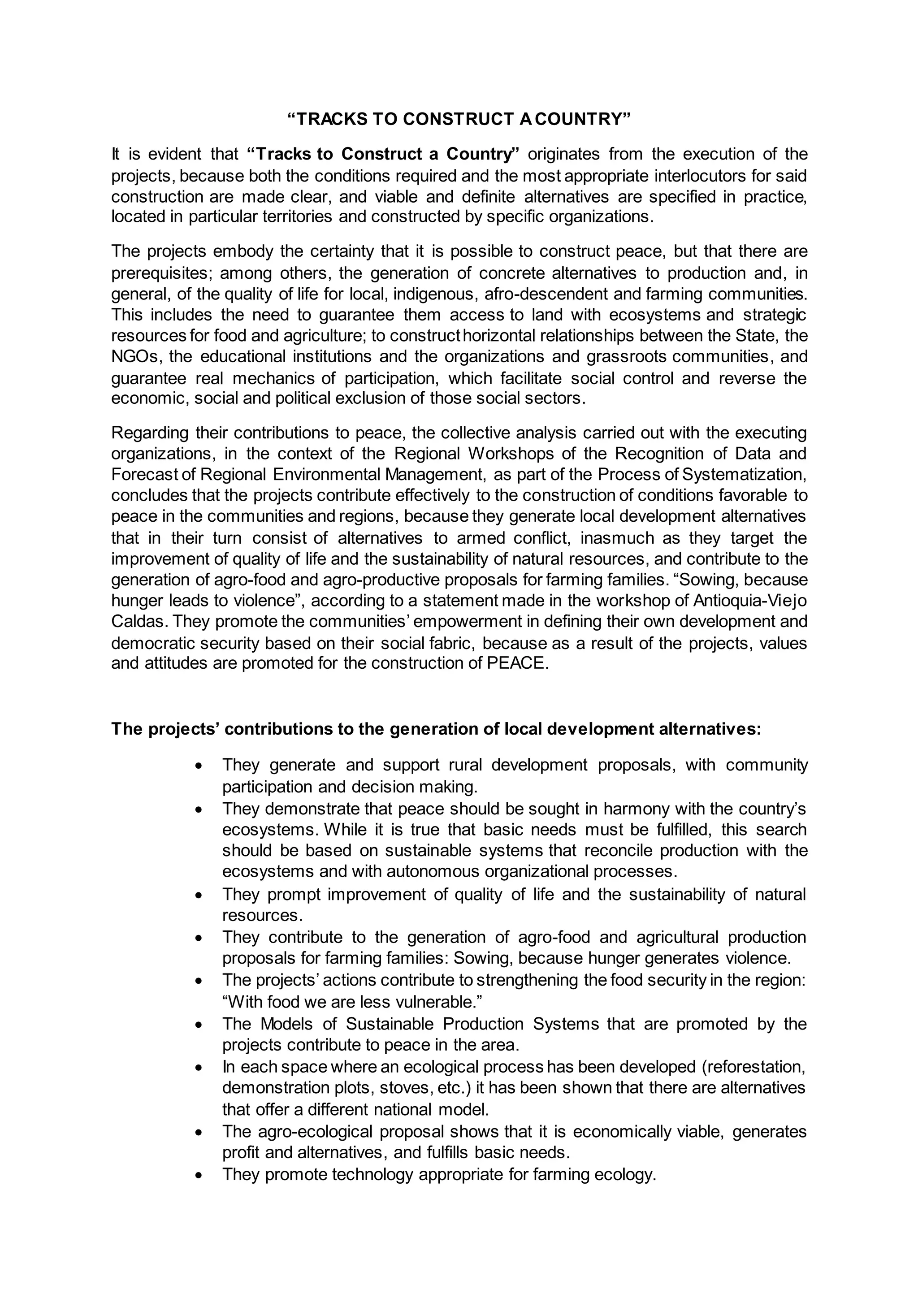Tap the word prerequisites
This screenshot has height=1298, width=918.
coord(161,273)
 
